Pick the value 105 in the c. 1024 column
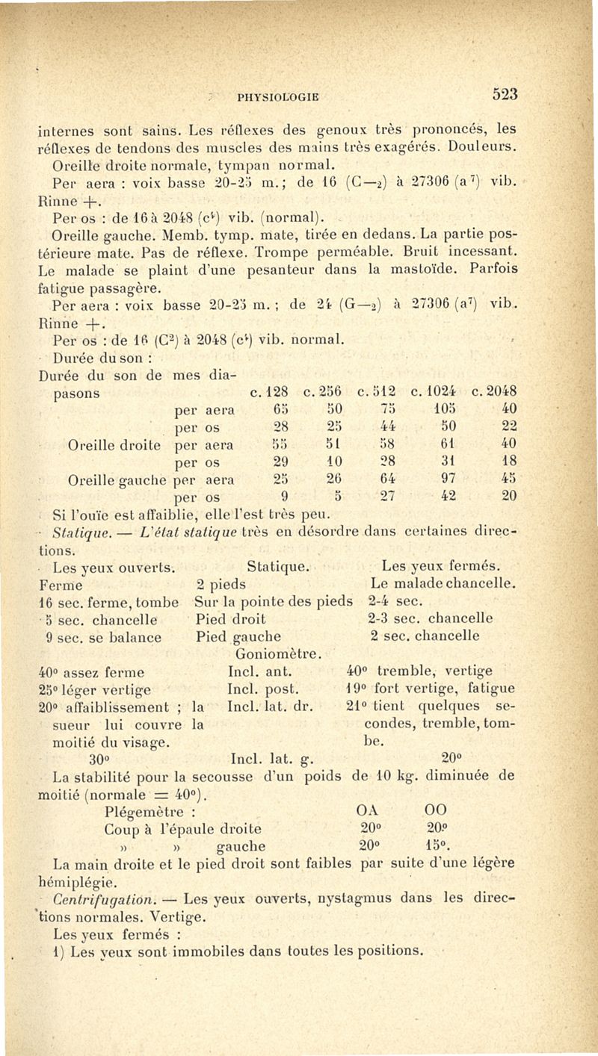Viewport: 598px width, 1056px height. (446, 409)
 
